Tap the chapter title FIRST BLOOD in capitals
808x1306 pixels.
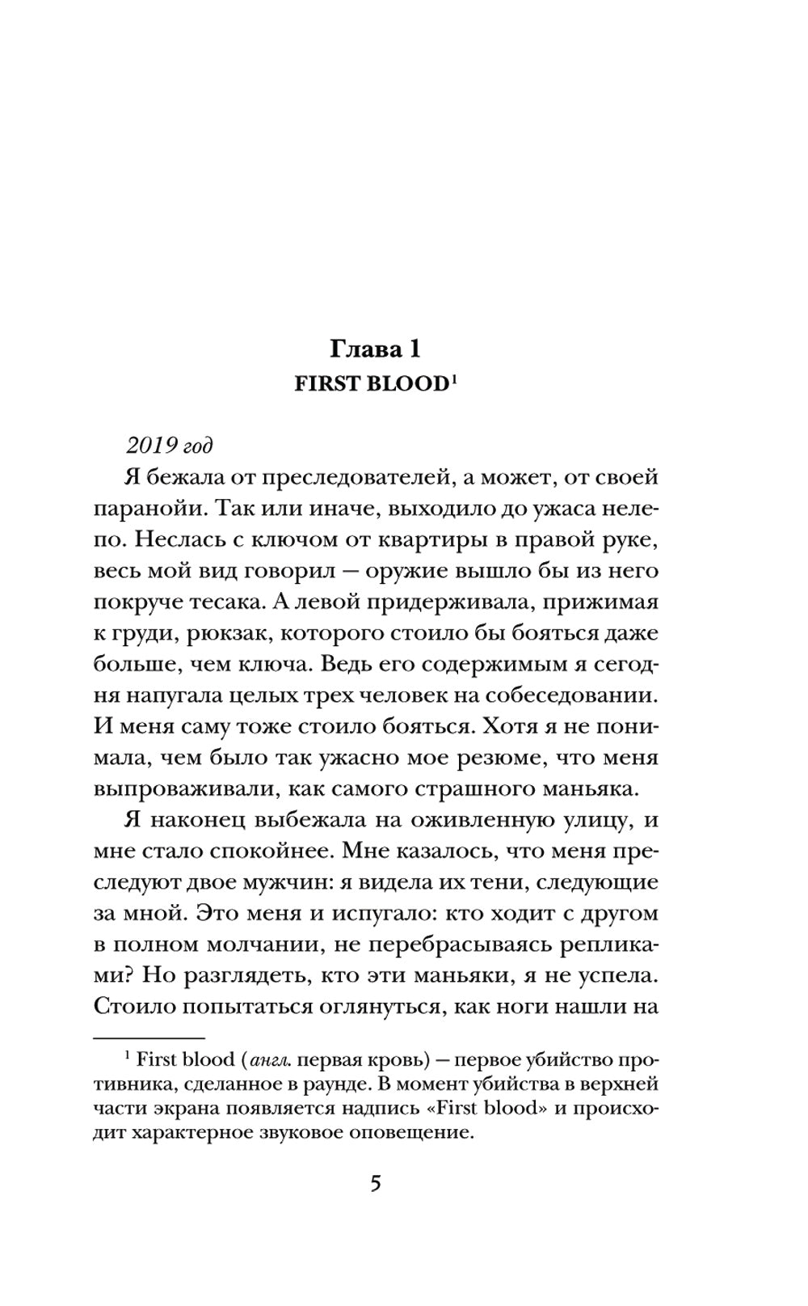370,384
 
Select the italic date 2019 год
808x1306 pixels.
170,446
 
